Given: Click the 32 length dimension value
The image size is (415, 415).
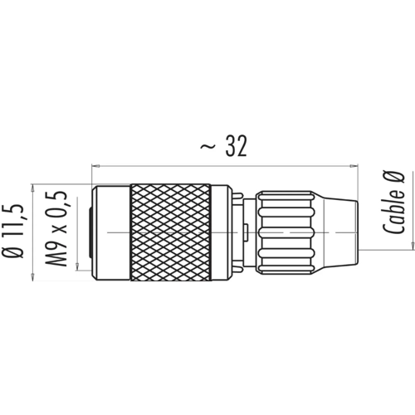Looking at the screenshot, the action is tap(236, 146).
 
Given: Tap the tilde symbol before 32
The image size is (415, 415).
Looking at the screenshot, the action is tap(207, 147).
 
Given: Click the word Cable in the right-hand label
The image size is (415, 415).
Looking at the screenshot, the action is tap(393, 212).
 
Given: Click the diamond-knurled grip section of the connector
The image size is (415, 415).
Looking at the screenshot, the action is tap(171, 232).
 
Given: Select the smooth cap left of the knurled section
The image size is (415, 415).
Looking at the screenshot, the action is tap(111, 232).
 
